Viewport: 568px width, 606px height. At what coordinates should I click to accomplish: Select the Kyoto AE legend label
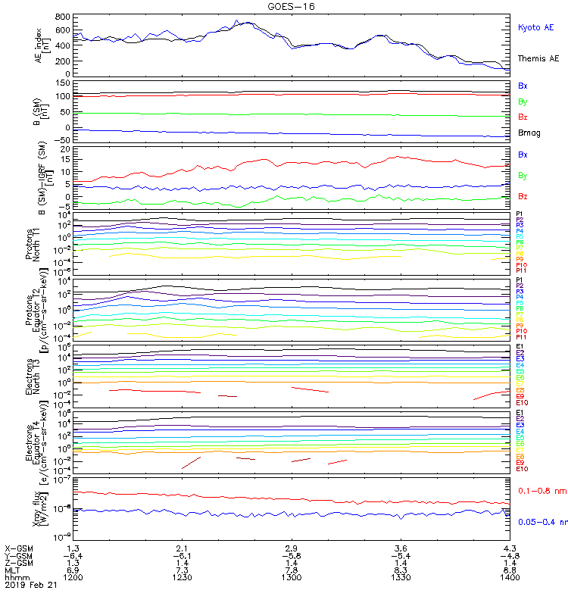[x=535, y=27]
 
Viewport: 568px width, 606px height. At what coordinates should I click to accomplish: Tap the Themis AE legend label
[x=537, y=58]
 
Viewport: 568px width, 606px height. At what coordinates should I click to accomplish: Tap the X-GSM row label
[x=20, y=548]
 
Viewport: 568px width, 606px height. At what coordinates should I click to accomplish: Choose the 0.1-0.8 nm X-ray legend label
[x=541, y=491]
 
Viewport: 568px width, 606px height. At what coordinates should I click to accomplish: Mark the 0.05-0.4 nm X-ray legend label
[x=542, y=522]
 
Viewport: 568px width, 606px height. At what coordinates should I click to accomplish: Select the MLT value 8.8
[x=510, y=570]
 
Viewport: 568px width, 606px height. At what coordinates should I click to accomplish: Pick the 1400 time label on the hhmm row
[x=510, y=577]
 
